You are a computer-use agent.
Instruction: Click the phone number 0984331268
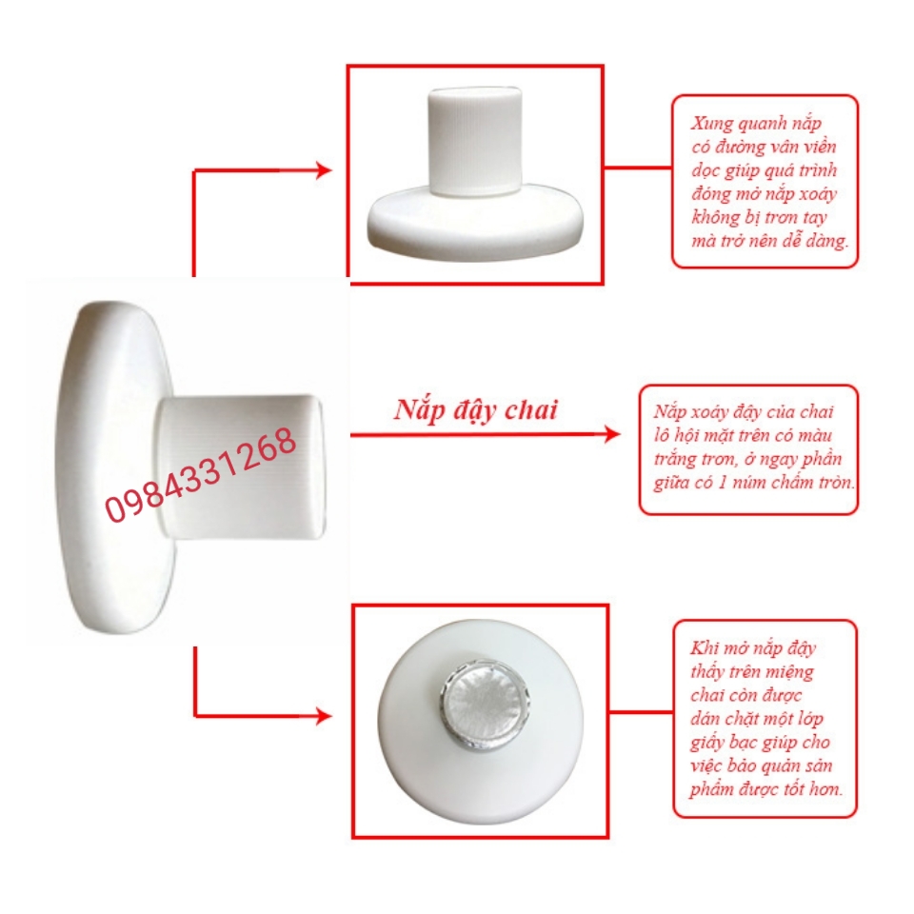click(x=201, y=473)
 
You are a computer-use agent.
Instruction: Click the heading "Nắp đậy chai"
click(x=476, y=409)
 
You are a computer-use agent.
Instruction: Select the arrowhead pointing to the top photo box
click(x=323, y=170)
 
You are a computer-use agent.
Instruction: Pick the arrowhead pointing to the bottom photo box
click(x=323, y=716)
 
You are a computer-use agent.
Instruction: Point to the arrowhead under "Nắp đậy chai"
click(x=612, y=434)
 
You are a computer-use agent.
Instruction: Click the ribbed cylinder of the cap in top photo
click(x=475, y=140)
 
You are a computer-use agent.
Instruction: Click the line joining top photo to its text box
click(x=638, y=168)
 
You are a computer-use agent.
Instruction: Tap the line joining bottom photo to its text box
click(x=641, y=712)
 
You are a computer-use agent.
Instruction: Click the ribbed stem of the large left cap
click(x=240, y=467)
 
